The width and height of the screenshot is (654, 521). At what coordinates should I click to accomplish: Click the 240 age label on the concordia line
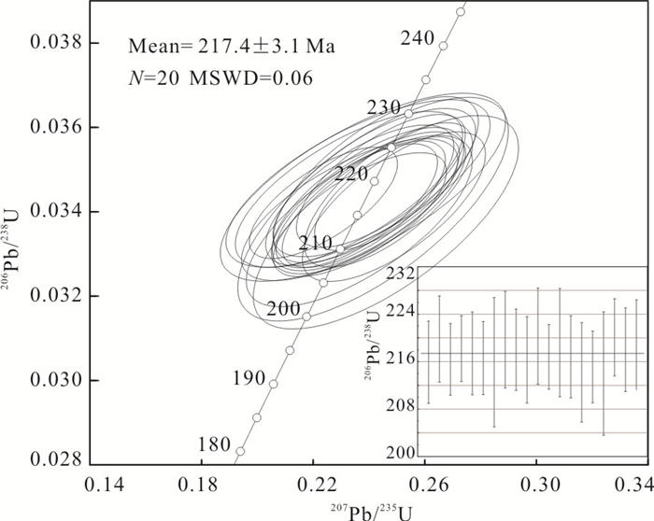(x=416, y=37)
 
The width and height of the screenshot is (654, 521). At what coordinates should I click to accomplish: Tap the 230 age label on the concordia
(x=383, y=107)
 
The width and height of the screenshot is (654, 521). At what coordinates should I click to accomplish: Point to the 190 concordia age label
(x=249, y=378)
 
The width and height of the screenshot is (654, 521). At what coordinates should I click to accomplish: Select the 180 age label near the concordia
(x=214, y=444)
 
